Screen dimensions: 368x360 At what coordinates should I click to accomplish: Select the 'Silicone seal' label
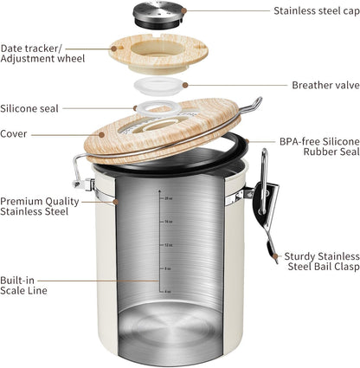pos(30,109)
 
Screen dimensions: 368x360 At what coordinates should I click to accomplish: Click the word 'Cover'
pos(15,134)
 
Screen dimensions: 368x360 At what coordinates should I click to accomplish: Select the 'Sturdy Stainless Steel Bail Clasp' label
pos(314,261)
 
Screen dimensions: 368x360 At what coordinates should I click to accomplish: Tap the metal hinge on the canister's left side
pos(85,173)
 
